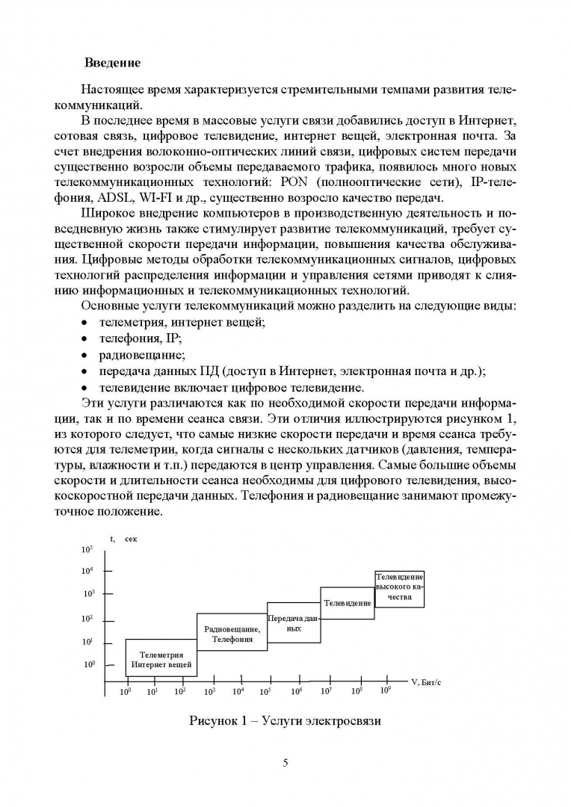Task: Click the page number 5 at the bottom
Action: point(285,763)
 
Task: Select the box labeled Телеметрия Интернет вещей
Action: point(161,658)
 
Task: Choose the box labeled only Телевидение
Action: point(347,602)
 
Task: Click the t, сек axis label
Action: point(120,538)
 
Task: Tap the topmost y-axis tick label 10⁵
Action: point(87,549)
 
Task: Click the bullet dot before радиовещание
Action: point(84,355)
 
